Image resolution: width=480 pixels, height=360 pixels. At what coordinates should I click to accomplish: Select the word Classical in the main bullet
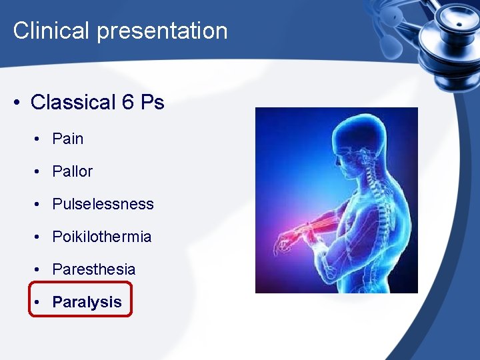click(73, 102)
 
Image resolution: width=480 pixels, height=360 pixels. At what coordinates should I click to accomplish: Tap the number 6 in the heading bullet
click(128, 102)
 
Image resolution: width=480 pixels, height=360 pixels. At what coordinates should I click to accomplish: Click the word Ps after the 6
click(153, 102)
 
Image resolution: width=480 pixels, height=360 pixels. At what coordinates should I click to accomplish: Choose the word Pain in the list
click(68, 139)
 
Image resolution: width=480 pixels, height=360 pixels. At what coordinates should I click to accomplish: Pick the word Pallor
click(73, 171)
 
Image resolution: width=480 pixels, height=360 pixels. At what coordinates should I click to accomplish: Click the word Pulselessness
click(103, 204)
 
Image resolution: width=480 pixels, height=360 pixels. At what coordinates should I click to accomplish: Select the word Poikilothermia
click(102, 237)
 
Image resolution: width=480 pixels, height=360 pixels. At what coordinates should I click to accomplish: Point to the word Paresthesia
click(94, 269)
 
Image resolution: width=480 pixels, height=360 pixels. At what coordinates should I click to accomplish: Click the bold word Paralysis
click(87, 302)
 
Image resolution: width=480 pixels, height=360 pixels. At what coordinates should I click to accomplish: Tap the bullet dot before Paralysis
click(40, 302)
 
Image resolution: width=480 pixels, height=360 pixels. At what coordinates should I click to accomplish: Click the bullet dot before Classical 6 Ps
click(16, 103)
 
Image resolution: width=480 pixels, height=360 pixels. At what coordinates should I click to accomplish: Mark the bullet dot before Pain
click(40, 139)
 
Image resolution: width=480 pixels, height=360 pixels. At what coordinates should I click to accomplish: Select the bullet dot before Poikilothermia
click(40, 237)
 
